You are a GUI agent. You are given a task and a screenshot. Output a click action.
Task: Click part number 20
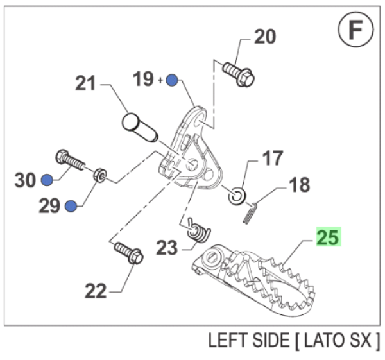coord(264,37)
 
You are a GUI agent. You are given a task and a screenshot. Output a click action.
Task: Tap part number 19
coord(143,80)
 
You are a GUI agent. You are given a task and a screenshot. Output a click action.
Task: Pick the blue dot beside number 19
coord(171,80)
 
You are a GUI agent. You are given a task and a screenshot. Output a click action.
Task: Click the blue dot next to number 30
coord(47,180)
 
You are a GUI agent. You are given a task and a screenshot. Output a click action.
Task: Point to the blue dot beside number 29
coord(71,206)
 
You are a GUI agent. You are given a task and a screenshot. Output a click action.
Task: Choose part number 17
coord(271,158)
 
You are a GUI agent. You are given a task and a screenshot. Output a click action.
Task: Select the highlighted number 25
coord(329,237)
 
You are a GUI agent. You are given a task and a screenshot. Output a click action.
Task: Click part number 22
coord(96,291)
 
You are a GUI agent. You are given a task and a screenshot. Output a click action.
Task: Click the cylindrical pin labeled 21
coord(139,126)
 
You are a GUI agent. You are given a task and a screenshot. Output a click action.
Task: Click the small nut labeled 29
coord(99,174)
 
